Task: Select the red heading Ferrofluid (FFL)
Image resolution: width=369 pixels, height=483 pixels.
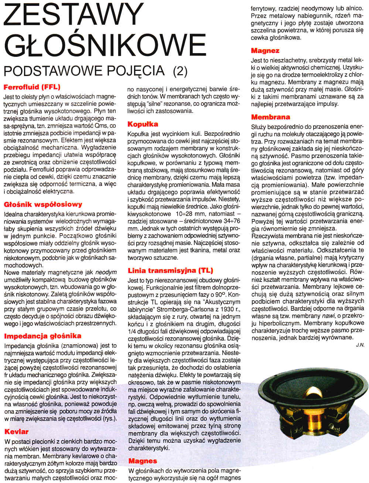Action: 32,87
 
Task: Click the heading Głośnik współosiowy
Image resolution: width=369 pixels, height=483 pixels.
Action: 43,204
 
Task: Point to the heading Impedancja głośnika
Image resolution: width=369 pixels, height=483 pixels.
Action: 42,336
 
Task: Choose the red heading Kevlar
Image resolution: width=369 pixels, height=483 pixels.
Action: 16,431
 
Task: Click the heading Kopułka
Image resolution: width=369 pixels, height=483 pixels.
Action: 143,124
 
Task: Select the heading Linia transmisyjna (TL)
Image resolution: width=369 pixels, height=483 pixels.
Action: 170,270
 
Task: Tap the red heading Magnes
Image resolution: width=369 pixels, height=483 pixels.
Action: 143,461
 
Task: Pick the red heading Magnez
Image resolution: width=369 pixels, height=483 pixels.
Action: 265,51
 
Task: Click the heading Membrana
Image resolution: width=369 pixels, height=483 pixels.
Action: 270,117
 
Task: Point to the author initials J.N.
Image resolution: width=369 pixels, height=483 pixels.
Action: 360,345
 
